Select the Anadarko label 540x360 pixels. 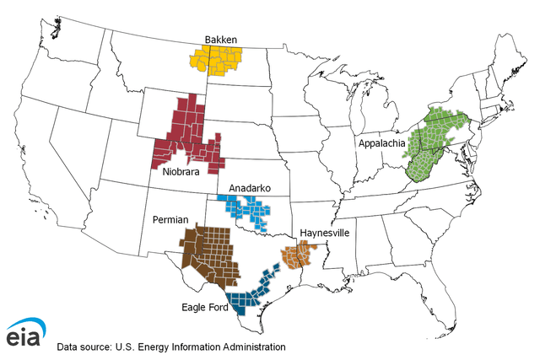point(240,188)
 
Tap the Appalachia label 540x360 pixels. point(381,143)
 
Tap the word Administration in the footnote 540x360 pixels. point(249,347)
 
